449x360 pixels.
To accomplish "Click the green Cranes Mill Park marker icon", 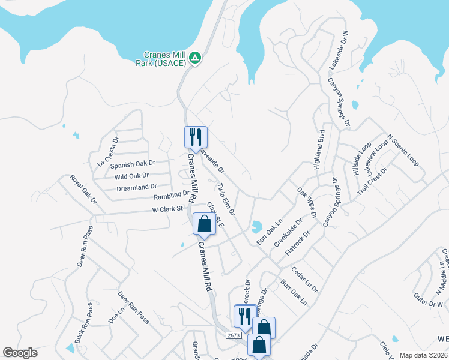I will [194, 58].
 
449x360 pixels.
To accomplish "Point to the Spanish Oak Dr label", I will [133, 164].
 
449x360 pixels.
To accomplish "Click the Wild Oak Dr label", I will [131, 176].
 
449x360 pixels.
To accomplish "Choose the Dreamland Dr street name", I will [136, 188].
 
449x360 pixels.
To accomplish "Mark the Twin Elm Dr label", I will [226, 199].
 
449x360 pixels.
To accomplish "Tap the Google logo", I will [20, 353].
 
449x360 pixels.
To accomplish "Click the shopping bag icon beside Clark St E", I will [205, 224].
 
